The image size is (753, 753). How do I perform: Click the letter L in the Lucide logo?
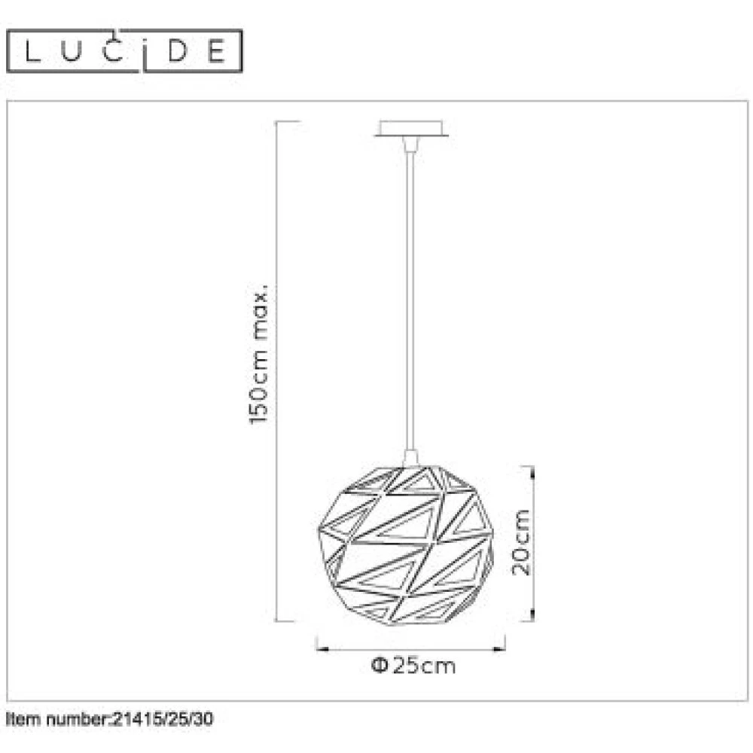click(x=32, y=51)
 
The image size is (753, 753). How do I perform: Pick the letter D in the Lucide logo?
click(x=177, y=51)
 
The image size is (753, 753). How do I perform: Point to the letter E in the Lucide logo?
click(x=217, y=51)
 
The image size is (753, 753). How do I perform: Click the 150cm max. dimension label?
click(x=259, y=356)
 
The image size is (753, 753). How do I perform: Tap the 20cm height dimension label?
click(x=521, y=542)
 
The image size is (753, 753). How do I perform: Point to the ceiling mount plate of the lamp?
click(x=412, y=129)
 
